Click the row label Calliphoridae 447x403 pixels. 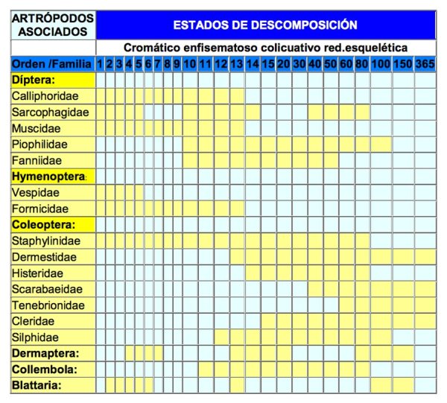click(45, 96)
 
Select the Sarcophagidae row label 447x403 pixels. click(50, 112)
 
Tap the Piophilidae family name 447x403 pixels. click(42, 144)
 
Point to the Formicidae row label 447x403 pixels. click(40, 209)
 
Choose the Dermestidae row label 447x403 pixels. click(44, 257)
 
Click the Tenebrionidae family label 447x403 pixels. click(48, 305)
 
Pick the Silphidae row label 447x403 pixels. click(37, 337)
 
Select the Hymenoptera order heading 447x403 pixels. click(49, 177)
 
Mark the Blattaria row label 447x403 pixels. click(37, 385)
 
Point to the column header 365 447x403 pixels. click(425, 64)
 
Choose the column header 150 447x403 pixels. click(403, 64)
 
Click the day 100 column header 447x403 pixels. click(381, 64)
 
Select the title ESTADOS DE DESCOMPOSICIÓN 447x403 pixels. click(265, 25)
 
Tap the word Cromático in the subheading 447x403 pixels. click(150, 48)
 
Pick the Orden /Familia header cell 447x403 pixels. click(53, 64)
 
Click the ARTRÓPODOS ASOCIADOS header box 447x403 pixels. click(53, 25)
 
